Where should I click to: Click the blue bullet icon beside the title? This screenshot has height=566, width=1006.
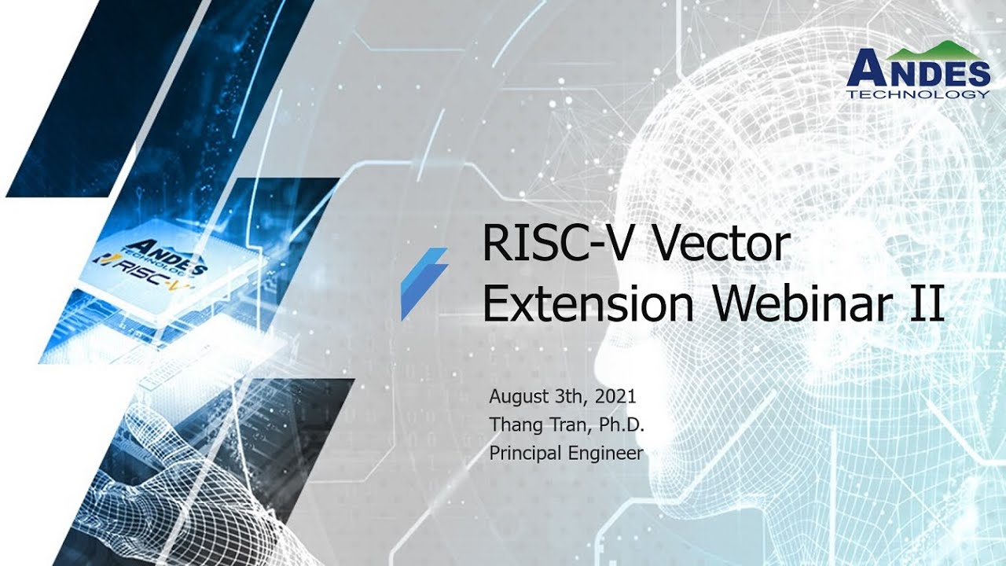pos(424,283)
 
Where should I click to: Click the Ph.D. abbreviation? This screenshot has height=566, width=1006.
pos(622,424)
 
